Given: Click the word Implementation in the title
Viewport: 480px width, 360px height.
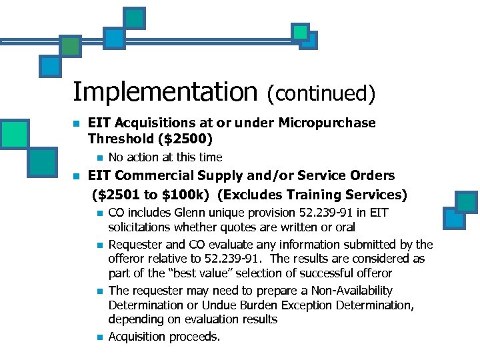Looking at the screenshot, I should tap(165, 92).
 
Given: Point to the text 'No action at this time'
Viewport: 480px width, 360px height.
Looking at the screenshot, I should tap(165, 157).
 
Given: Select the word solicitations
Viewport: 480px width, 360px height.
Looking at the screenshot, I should tap(139, 227).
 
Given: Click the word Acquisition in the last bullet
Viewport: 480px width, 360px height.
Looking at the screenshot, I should tap(135, 337).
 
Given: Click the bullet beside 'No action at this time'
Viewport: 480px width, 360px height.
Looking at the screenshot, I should tap(98, 158).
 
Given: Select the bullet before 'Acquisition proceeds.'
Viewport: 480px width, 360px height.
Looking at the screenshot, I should tap(98, 337).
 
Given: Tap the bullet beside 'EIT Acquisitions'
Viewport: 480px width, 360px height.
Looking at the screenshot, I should tap(77, 124).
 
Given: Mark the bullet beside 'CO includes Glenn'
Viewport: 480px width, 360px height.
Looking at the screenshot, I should tap(98, 213).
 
